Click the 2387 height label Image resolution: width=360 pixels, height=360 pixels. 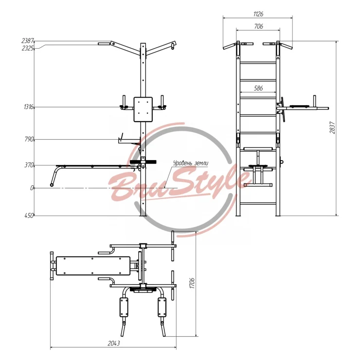pos(28,41)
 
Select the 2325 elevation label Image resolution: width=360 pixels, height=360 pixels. pos(28,48)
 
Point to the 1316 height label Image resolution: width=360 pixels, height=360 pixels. pos(29,107)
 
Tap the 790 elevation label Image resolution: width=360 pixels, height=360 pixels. pos(29,139)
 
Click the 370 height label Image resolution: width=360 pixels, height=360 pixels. pos(29,165)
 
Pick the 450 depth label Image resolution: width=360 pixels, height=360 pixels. pos(29,216)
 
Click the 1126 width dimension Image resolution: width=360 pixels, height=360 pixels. pos(258,14)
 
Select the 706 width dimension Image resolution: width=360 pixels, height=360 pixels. pos(258,26)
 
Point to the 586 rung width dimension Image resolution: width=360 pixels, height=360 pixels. pos(258,88)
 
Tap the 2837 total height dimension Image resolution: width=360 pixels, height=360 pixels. pos(332,127)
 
